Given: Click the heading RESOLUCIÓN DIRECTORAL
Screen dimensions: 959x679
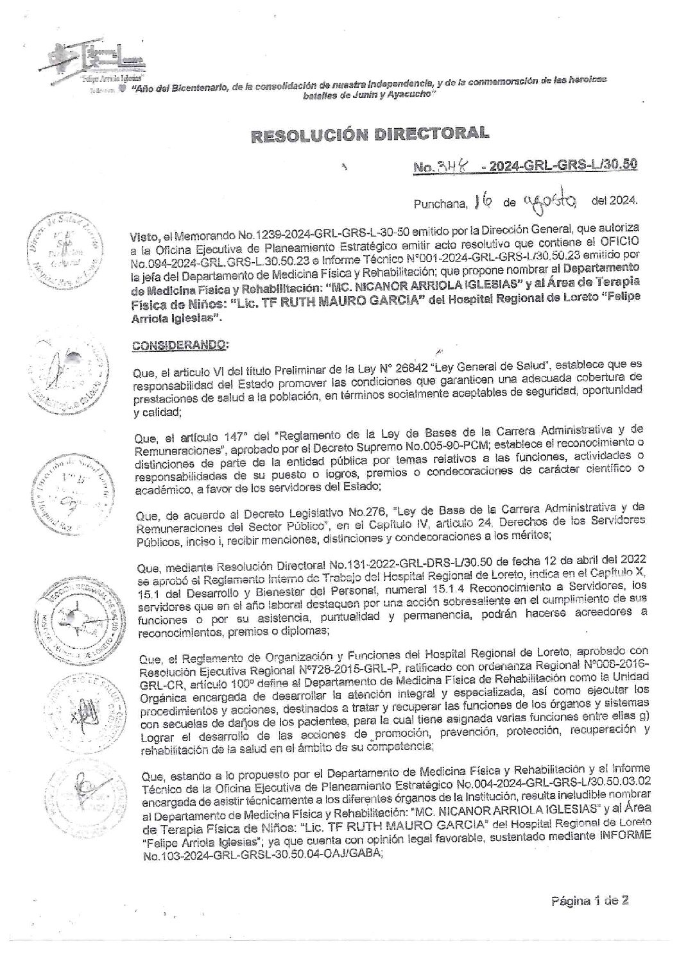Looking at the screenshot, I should [x=367, y=135].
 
